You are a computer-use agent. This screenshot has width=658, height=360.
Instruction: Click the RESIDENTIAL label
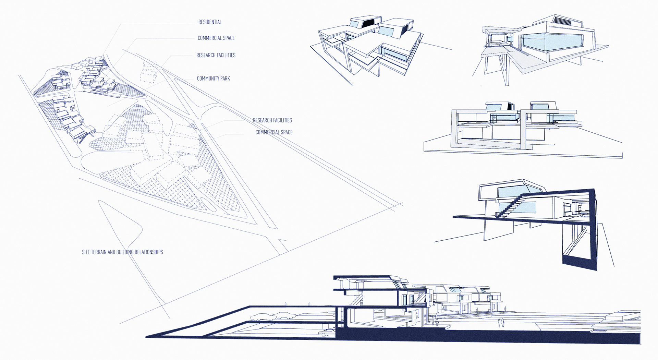coord(210,22)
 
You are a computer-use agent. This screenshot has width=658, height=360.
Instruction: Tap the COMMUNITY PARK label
coord(213,79)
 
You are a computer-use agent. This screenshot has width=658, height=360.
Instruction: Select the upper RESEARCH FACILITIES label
coord(216,55)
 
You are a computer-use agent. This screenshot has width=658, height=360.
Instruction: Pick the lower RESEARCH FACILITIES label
coord(272,120)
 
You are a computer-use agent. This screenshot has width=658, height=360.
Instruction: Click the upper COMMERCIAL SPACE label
coord(216,38)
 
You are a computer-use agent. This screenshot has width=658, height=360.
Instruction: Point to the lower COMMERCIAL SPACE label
coord(273,132)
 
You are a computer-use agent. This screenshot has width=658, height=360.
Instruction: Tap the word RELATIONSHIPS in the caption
coord(148,252)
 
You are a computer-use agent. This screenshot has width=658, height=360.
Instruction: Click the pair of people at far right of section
coord(501,322)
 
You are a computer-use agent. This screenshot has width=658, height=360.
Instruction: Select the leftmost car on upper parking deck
coord(260,317)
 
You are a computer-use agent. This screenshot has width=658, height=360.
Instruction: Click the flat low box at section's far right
coord(622,315)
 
